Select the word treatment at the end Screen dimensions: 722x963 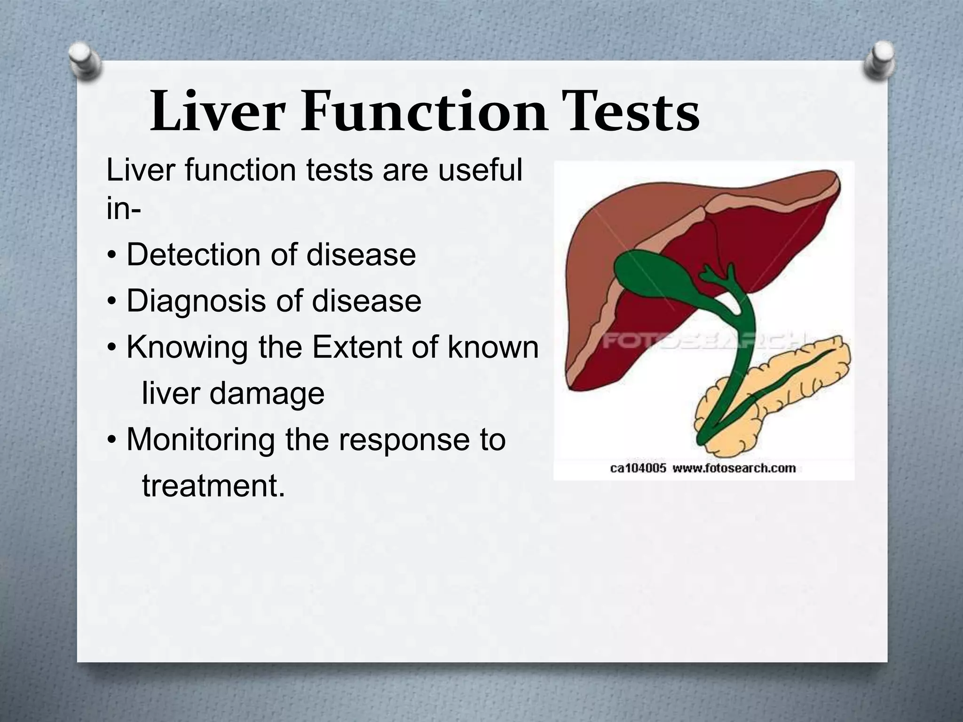click(213, 486)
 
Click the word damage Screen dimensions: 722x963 click(267, 393)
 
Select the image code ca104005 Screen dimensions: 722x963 click(638, 468)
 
